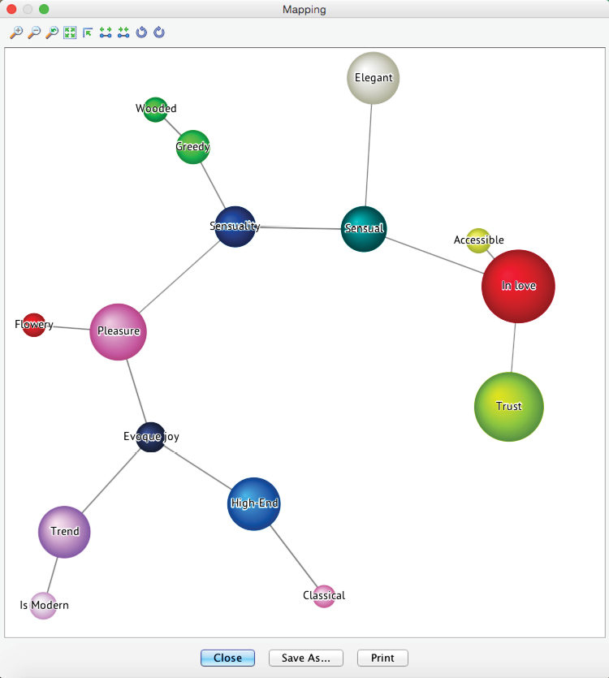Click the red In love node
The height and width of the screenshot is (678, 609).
(x=518, y=286)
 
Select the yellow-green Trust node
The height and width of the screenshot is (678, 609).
(x=508, y=407)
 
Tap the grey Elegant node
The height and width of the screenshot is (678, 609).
(x=373, y=78)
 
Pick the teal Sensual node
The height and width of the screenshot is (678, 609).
(x=364, y=229)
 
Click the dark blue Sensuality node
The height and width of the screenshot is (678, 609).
(x=235, y=227)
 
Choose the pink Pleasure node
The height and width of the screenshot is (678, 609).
(x=118, y=331)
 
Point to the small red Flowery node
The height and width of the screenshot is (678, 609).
(x=33, y=325)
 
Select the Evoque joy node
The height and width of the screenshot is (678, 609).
(x=151, y=437)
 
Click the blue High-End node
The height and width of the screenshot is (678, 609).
(x=254, y=503)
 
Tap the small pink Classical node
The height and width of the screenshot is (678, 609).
(x=324, y=596)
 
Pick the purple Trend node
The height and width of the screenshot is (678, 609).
(x=64, y=532)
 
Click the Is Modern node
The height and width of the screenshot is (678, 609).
(x=43, y=606)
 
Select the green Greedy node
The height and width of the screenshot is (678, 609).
(x=192, y=147)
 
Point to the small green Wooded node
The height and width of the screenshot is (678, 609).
(x=155, y=110)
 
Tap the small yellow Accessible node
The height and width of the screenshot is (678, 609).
(x=478, y=240)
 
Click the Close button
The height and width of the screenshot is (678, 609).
(x=227, y=658)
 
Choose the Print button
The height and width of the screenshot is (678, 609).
(x=382, y=658)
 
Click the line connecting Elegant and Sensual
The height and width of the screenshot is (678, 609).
(x=369, y=154)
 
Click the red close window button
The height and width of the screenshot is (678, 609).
(x=11, y=9)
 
